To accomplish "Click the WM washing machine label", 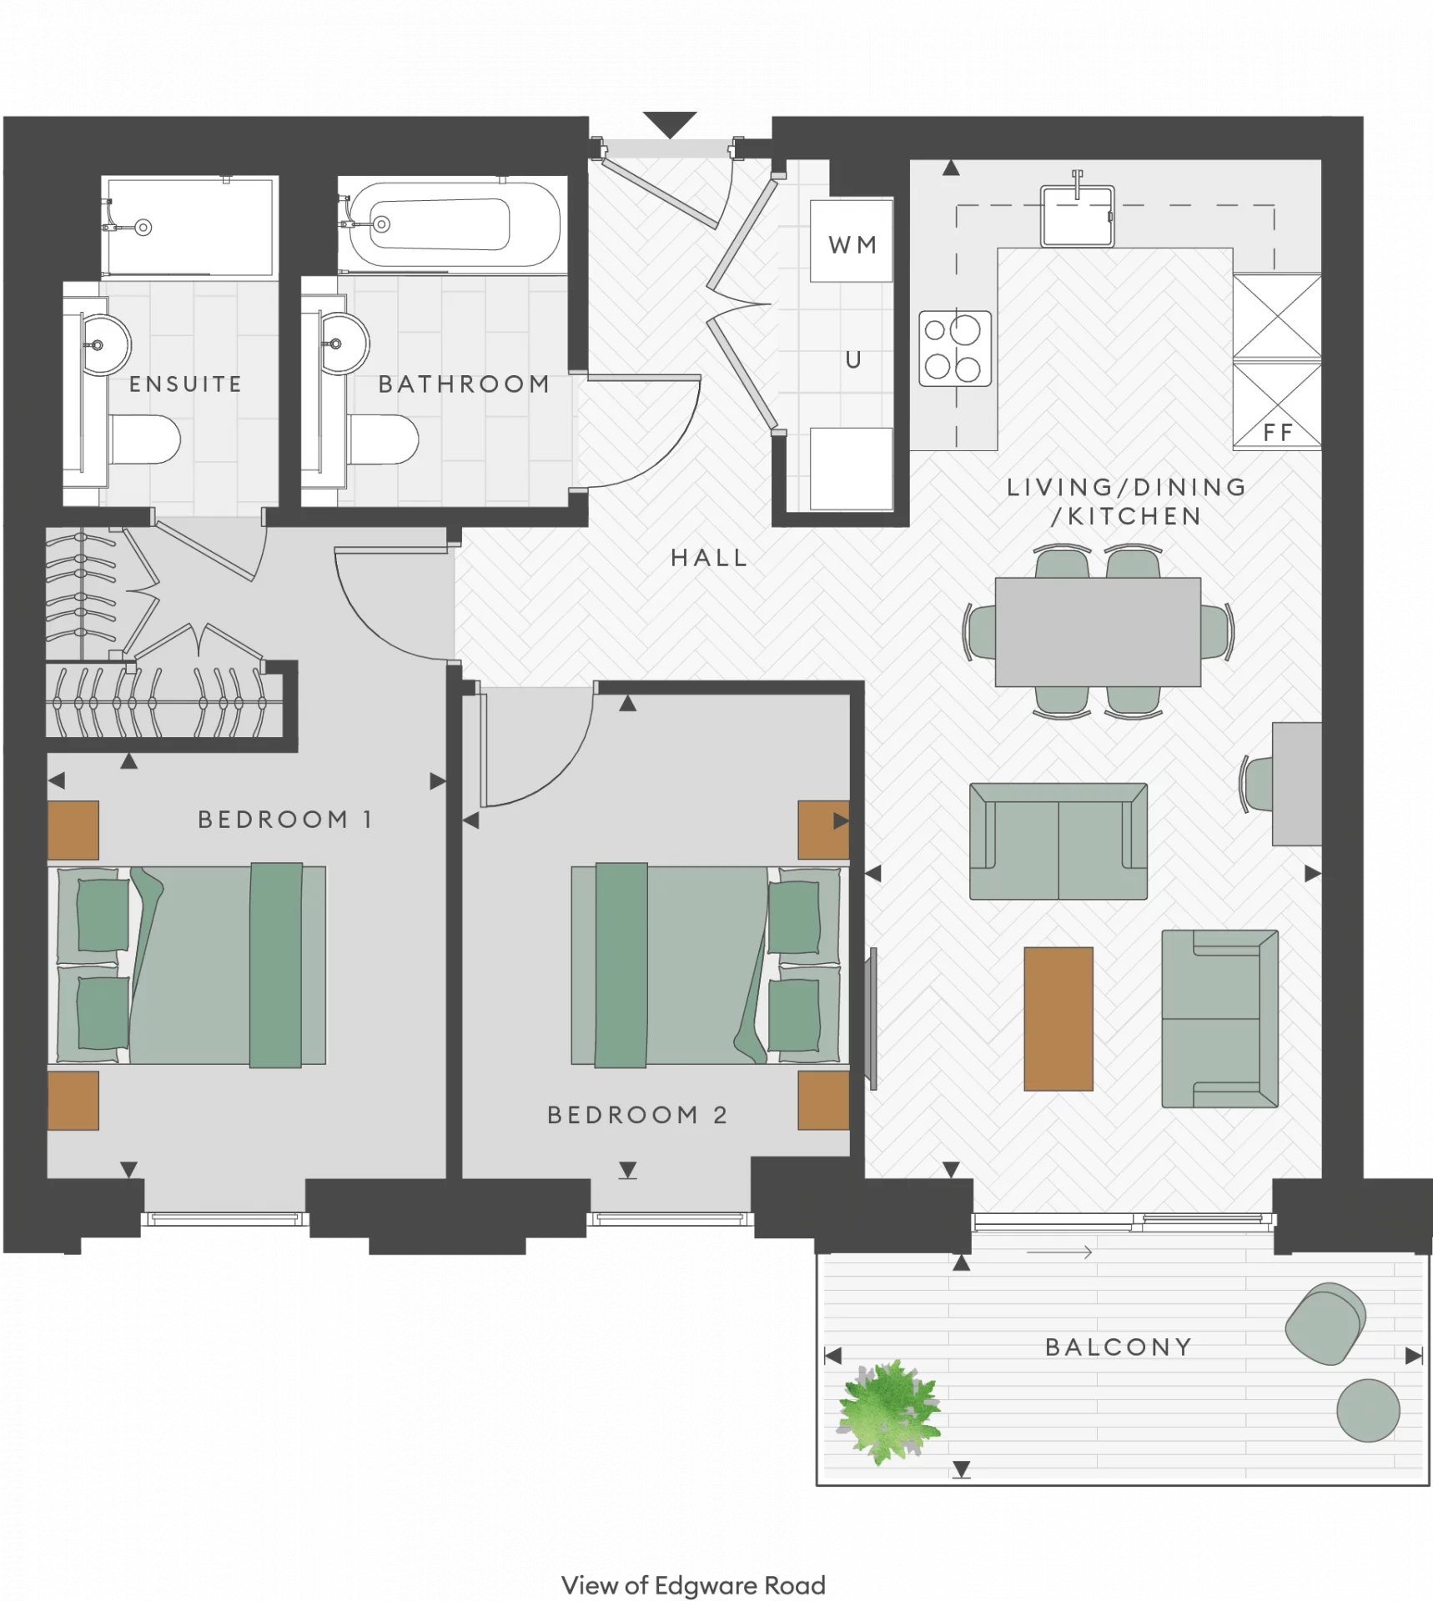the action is pyautogui.click(x=852, y=244).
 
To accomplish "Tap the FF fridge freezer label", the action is pyautogui.click(x=1277, y=432).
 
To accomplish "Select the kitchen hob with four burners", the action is pyautogui.click(x=955, y=349).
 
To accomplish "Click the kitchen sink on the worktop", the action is pyautogui.click(x=1077, y=214).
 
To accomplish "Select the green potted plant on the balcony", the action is pyautogui.click(x=889, y=1410).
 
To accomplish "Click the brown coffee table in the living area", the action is pyautogui.click(x=1058, y=1018).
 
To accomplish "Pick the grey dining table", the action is pyautogui.click(x=1098, y=632).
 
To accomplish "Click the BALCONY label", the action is pyautogui.click(x=1118, y=1347).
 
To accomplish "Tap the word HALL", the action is pyautogui.click(x=708, y=558).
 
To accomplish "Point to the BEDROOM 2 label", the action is pyautogui.click(x=637, y=1115).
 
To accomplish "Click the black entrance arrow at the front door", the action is pyautogui.click(x=670, y=124).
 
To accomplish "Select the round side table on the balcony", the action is pyautogui.click(x=1368, y=1410).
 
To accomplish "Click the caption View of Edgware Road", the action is pyautogui.click(x=693, y=1584).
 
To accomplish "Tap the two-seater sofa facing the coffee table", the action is pyautogui.click(x=1058, y=841).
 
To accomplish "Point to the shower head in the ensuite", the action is pyautogui.click(x=143, y=227).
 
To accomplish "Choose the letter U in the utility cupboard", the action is pyautogui.click(x=852, y=359).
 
